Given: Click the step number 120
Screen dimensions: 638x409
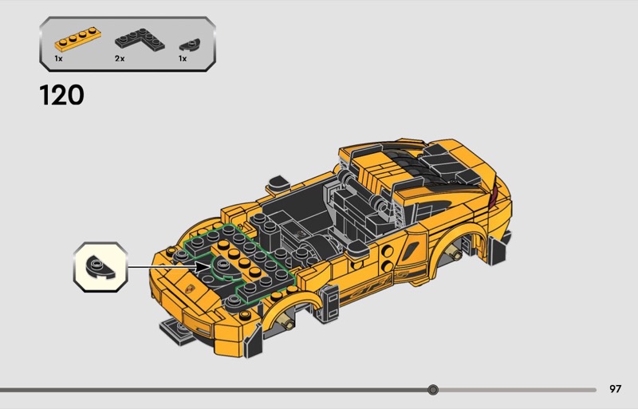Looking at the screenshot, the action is (x=62, y=95).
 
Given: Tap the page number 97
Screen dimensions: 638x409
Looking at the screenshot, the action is (x=615, y=389).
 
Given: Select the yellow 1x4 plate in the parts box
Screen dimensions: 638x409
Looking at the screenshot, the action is (x=77, y=40).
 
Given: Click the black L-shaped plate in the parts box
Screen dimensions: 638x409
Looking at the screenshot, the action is (x=140, y=40).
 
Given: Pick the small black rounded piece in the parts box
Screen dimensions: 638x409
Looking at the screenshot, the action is (x=190, y=44).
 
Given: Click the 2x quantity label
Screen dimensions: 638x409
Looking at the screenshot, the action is (x=120, y=59).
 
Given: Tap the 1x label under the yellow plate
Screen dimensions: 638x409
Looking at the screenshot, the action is (x=58, y=59).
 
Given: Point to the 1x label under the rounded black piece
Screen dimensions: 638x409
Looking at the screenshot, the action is (x=183, y=59).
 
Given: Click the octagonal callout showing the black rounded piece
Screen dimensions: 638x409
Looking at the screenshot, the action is (x=100, y=267).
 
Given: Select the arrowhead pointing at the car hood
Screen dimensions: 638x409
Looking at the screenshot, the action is (x=203, y=267).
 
